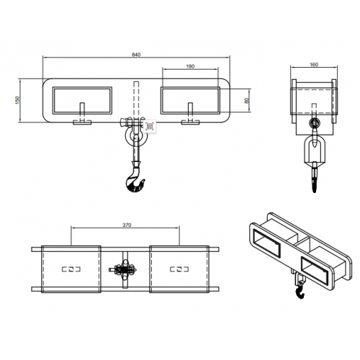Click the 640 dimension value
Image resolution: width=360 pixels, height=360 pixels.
click(136, 55)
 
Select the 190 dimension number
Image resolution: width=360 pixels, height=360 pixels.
click(190, 66)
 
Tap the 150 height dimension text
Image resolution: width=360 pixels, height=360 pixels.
click(17, 100)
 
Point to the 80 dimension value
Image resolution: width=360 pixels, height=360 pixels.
click(246, 101)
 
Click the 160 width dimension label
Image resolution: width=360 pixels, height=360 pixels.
click(314, 64)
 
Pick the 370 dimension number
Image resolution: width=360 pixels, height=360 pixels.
click(127, 225)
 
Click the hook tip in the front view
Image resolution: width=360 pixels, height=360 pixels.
click(144, 180)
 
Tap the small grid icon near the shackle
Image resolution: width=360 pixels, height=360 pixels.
click(150, 126)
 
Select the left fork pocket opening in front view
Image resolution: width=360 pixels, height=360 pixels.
click(82, 100)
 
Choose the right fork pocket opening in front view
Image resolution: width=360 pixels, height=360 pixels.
click(190, 100)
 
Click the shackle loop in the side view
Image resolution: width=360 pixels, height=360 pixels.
click(305, 151)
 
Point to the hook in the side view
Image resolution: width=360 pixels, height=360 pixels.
click(314, 178)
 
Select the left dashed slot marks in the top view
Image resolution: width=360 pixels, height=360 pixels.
click(71, 269)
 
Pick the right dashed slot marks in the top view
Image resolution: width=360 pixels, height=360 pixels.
click(179, 269)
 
